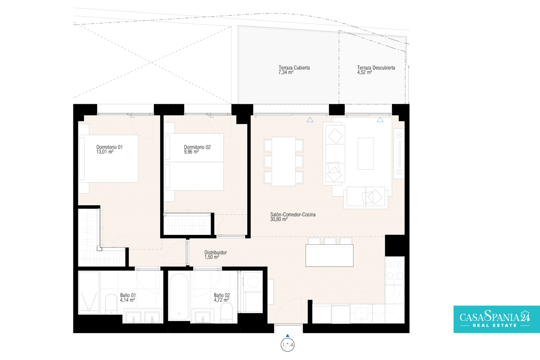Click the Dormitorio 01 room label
point(109,147)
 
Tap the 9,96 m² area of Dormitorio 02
point(191,152)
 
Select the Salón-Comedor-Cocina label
point(292,215)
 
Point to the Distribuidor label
point(216,252)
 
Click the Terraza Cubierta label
point(294,68)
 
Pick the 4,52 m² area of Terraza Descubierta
point(364,72)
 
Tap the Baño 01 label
point(128,295)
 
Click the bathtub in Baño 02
point(179,297)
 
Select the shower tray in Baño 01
point(89,293)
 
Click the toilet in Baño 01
point(111,304)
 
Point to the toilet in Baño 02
point(226,313)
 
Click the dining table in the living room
point(283,161)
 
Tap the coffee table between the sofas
point(366,153)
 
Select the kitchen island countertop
point(329,256)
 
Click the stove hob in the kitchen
point(395,271)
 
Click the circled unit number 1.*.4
point(288,345)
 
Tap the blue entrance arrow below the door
point(288,335)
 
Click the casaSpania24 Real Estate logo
point(497,319)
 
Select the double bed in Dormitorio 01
point(108,159)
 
